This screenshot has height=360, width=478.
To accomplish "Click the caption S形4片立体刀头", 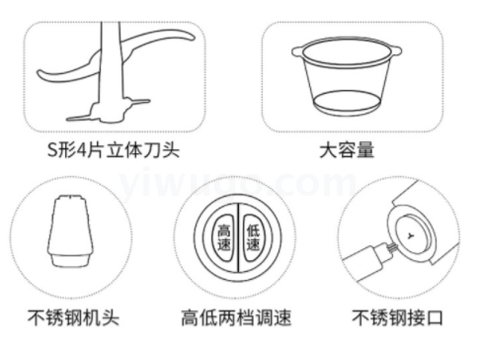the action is pos(114,150).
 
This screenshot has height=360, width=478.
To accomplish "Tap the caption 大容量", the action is pos(347,150).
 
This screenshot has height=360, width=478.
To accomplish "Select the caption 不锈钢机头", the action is pos(73,318).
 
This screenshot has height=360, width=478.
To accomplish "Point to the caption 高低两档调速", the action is pos(237,318).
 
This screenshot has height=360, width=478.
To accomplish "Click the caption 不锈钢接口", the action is pos(397,318).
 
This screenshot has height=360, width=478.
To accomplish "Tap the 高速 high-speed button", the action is pos(223,237).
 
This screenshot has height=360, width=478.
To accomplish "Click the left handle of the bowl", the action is pos(297,51).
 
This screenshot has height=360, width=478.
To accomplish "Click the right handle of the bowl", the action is pos(396,51).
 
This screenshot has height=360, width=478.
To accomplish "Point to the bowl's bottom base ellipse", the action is pos(347,103).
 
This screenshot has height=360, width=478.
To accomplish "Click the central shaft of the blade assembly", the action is pos(111,67).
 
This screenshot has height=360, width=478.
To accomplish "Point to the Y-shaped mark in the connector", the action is pos(411,235).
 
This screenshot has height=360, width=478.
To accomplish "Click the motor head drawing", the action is pos(70,231).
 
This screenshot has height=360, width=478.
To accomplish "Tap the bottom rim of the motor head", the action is pos(70,260).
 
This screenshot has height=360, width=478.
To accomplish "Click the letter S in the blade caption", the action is pos(53,150).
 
